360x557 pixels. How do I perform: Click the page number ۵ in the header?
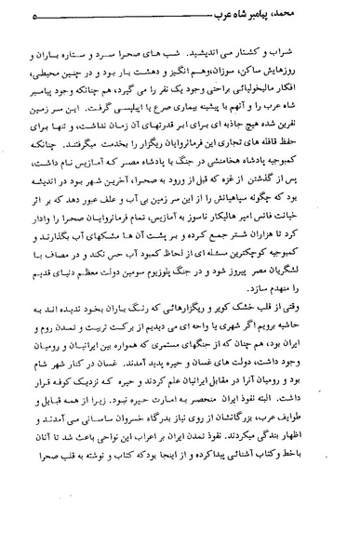[x=33, y=16]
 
